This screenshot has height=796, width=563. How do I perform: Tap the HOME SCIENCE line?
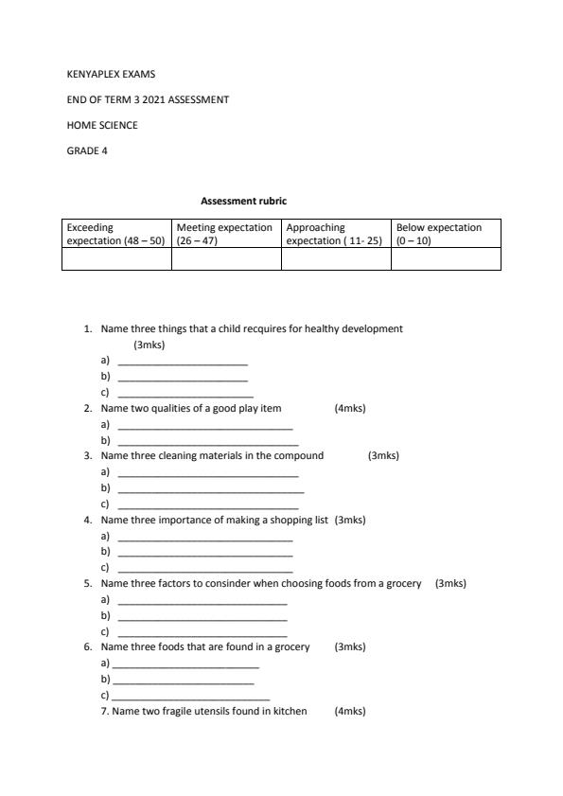coord(101,125)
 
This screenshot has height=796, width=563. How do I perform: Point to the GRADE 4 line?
coord(86,150)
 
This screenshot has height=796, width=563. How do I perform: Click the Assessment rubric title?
coord(243,201)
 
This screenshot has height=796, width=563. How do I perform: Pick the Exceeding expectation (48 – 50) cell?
coord(115,234)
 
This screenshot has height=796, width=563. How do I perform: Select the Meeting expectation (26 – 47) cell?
coord(225,234)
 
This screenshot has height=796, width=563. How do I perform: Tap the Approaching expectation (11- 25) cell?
coord(335,234)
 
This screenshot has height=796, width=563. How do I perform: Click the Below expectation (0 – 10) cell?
coord(445,234)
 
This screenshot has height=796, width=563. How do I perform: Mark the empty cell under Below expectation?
coord(445,259)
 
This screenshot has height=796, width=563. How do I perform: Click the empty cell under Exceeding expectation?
coord(115,259)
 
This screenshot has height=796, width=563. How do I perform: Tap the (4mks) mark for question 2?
coord(350,409)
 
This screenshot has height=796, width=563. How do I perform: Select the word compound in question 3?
coord(301,456)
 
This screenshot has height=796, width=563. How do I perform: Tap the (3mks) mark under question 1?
coord(150,345)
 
